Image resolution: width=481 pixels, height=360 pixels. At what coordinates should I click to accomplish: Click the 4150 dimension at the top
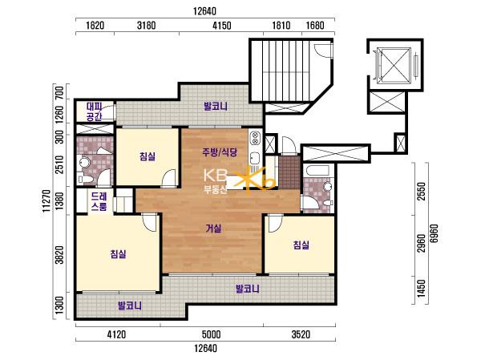tap(222, 25)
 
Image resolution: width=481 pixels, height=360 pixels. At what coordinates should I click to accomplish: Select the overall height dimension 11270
tap(46, 201)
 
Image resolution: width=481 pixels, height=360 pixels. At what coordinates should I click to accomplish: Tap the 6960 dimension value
tap(434, 233)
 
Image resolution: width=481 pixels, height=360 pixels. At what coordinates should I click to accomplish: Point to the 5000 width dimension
tap(212, 334)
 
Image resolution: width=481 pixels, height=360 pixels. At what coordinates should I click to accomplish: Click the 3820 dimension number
tap(60, 254)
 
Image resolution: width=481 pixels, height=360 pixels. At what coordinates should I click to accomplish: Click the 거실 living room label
tap(213, 229)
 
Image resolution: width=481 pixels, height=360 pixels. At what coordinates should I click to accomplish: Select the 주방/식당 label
tap(220, 152)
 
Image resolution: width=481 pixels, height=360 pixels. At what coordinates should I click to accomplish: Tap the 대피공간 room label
tap(94, 111)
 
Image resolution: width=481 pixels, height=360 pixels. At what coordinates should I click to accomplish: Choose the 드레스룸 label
tap(99, 201)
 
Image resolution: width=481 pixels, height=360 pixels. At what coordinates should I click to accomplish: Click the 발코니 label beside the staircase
tap(216, 107)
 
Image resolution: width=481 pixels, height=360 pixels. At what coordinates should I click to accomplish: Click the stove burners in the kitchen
tap(255, 138)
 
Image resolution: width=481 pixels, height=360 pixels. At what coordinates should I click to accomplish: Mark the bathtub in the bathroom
tap(317, 170)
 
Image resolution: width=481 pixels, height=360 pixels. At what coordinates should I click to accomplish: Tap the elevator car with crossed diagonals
tap(394, 65)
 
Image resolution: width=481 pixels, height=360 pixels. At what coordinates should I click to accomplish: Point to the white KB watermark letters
tap(216, 176)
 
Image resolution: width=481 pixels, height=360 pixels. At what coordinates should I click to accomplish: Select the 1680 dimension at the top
tap(315, 25)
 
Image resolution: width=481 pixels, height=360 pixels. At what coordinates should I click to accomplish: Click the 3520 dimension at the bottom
tap(301, 334)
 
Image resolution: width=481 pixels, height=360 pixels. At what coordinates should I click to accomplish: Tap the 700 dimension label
tap(60, 92)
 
